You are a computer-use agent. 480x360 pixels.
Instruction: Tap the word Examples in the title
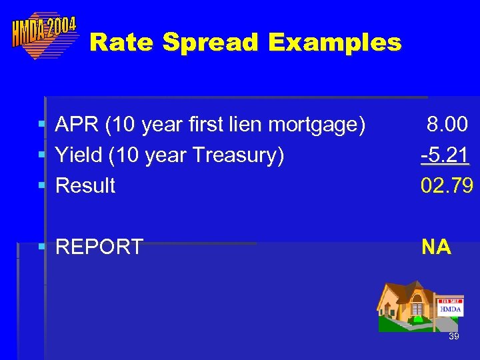[335, 43]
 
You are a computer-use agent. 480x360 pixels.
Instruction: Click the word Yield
[79, 155]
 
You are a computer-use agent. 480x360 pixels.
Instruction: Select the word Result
[85, 185]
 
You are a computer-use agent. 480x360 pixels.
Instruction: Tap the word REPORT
[99, 247]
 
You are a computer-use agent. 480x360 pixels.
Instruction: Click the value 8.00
[448, 125]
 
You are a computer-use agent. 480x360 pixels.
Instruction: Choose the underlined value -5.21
[445, 155]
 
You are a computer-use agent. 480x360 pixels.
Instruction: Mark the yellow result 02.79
[446, 185]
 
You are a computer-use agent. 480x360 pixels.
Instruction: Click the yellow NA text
[436, 247]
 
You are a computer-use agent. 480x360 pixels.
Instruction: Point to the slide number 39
[453, 337]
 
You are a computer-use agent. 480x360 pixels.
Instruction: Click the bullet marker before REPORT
[41, 247]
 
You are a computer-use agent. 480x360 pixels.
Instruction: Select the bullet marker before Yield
[41, 155]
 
